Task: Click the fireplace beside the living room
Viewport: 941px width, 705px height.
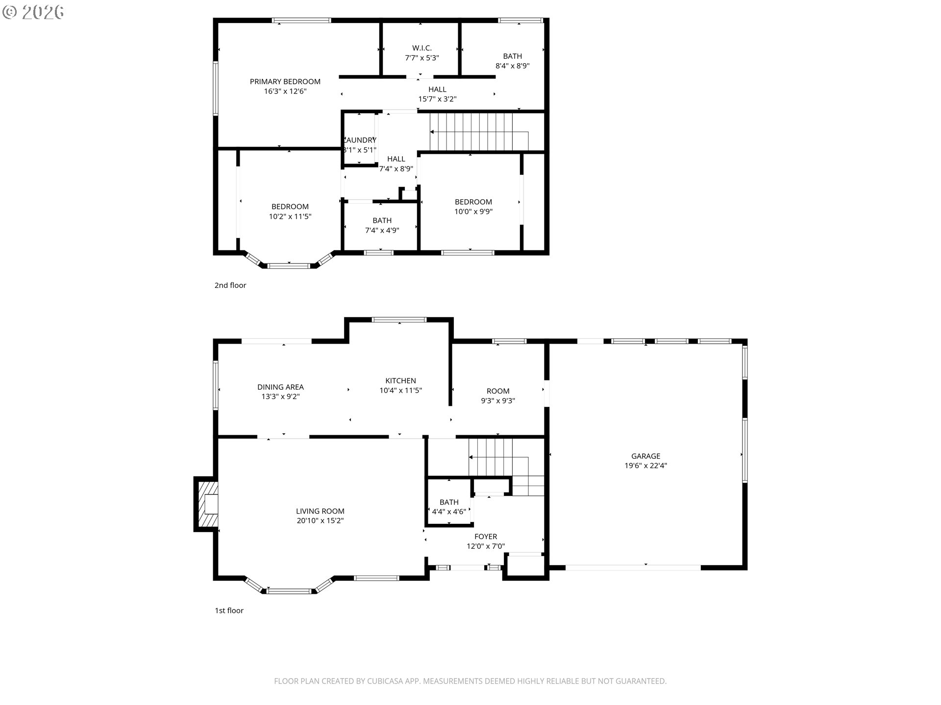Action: (206, 504)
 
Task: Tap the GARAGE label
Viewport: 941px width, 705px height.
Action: (645, 456)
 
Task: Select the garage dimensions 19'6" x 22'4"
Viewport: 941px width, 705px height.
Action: (645, 466)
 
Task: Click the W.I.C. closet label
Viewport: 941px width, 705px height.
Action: (421, 48)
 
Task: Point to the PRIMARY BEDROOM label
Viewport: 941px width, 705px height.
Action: (285, 82)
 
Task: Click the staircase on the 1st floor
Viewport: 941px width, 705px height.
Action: (492, 457)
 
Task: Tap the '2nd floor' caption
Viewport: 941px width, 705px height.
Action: (230, 285)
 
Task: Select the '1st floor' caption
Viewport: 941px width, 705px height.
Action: (229, 611)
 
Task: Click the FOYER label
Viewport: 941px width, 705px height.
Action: (485, 537)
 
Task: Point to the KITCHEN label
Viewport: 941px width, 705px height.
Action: (400, 381)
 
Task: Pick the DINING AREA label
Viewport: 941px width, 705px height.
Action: (280, 387)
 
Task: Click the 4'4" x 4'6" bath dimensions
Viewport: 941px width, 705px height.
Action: (448, 512)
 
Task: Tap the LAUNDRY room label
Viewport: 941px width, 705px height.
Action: (360, 141)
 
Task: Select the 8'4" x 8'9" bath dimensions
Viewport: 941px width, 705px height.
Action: (512, 66)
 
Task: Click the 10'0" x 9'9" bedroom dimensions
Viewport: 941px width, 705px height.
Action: (473, 212)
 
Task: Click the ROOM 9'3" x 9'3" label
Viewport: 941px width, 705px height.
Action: (497, 391)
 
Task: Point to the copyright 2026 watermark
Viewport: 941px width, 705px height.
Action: (33, 12)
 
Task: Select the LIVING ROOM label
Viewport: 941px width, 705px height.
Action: (320, 511)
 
